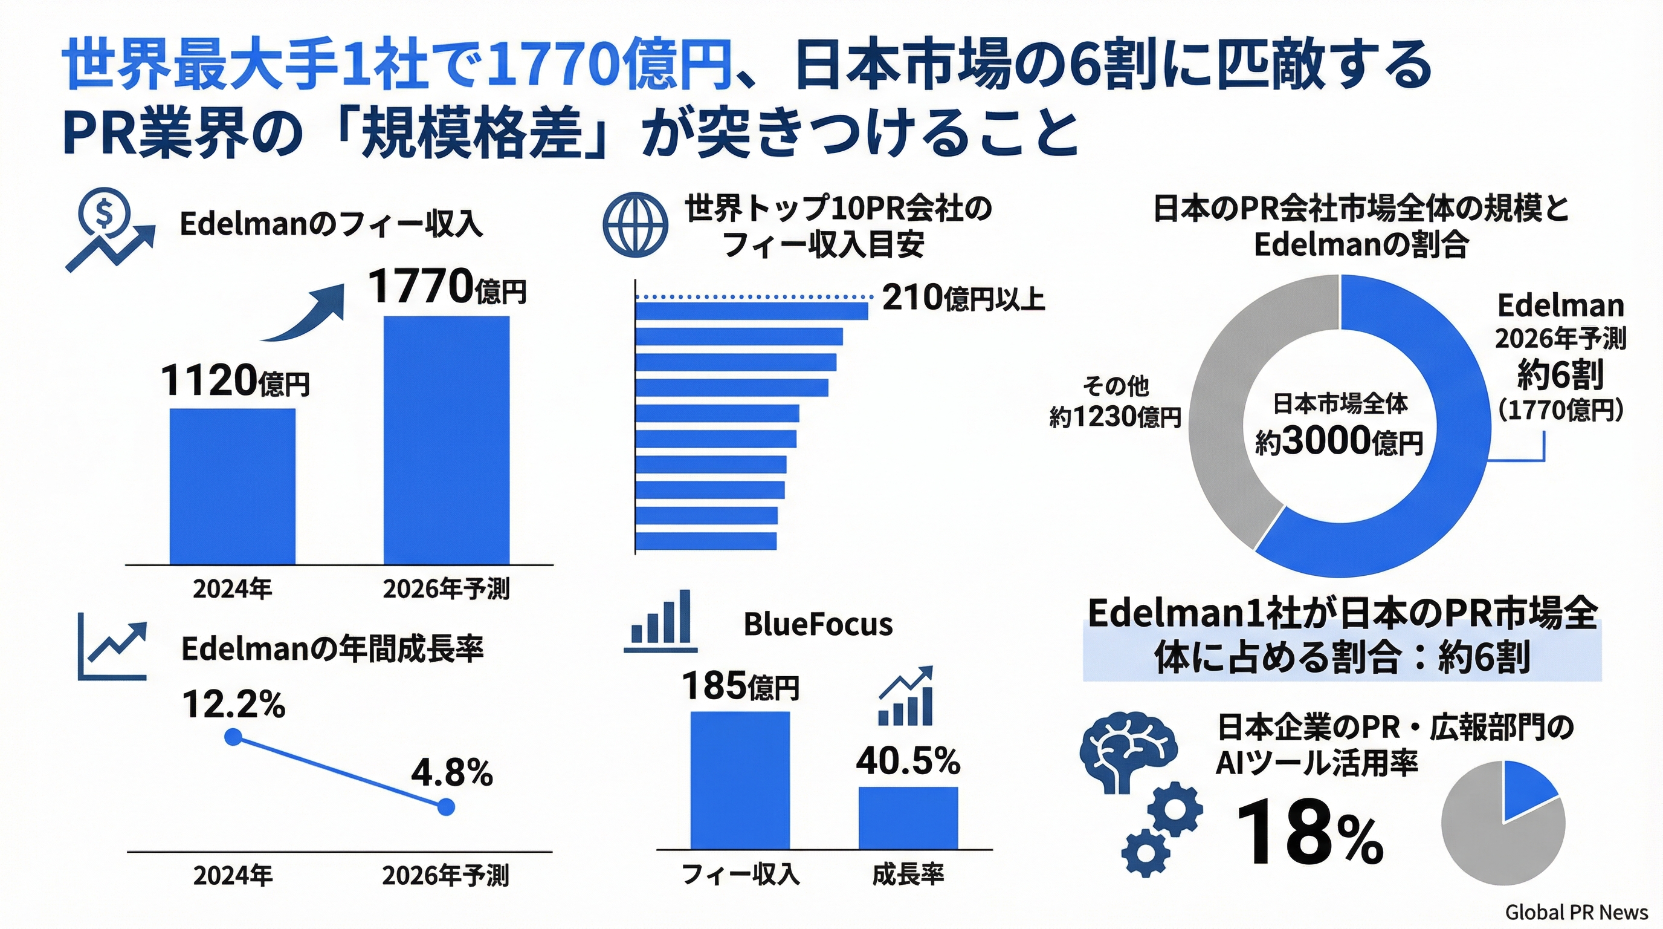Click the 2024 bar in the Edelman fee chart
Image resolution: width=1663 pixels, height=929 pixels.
click(x=233, y=486)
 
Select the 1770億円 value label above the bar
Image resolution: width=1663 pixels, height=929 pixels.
click(x=447, y=287)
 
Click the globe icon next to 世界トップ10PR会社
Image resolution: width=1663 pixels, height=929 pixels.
click(x=635, y=225)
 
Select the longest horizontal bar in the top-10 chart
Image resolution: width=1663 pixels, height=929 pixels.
click(x=752, y=311)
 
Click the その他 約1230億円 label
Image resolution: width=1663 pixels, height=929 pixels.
click(x=1116, y=402)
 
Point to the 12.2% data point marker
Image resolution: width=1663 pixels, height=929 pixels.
click(x=233, y=737)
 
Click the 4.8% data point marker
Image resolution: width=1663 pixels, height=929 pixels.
click(x=446, y=807)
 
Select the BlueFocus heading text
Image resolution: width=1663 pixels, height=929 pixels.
click(x=818, y=624)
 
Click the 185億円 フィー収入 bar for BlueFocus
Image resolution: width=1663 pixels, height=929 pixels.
click(x=740, y=780)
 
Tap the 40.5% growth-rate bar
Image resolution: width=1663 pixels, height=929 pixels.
click(x=908, y=817)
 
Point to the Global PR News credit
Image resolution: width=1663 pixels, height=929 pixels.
click(x=1577, y=912)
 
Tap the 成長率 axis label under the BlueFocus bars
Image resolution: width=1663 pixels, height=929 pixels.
click(x=908, y=875)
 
